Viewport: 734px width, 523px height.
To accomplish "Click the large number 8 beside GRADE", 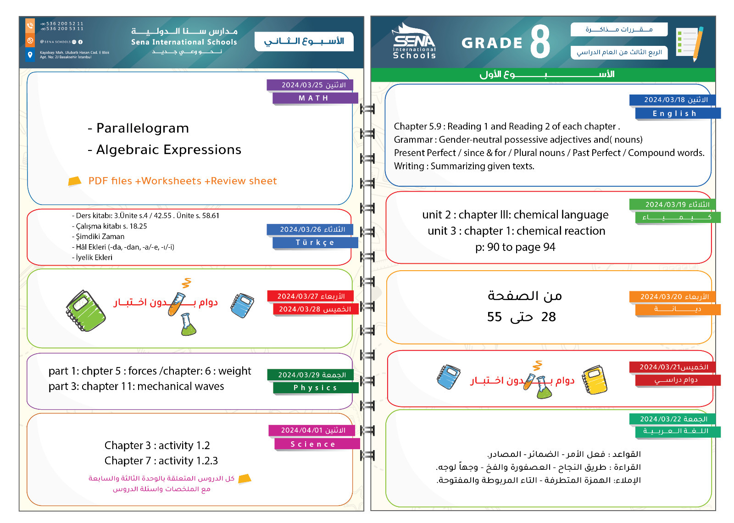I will coord(540,42).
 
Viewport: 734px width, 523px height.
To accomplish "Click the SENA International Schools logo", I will coord(414,42).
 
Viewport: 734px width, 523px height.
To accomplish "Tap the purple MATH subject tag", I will coord(314,98).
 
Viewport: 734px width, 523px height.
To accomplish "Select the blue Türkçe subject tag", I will coord(315,243).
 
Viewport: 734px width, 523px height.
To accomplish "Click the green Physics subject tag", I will coord(315,388).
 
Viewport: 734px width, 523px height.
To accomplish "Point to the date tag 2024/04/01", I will coord(313,430).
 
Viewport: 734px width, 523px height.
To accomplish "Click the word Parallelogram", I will coord(143,128).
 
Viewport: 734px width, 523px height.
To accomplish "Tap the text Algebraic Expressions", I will coord(168,150).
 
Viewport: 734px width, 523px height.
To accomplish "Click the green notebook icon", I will coord(85,311).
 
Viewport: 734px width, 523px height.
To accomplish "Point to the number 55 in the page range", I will coord(495,317).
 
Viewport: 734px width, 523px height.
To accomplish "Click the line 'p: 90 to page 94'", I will coord(515,247).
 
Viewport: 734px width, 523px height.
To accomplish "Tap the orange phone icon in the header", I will coord(30,25).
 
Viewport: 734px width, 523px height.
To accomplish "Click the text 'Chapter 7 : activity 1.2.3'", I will coord(161,461).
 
